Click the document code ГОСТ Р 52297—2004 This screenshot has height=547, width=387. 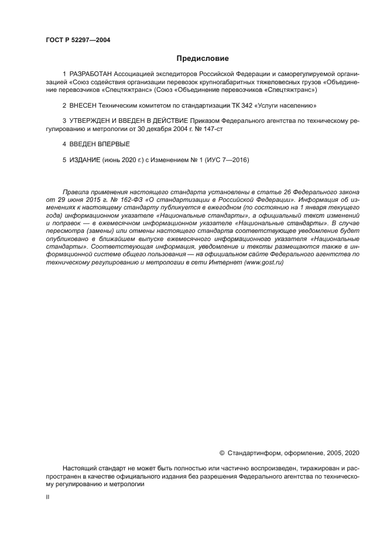[77, 40]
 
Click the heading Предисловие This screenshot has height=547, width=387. [203, 59]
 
